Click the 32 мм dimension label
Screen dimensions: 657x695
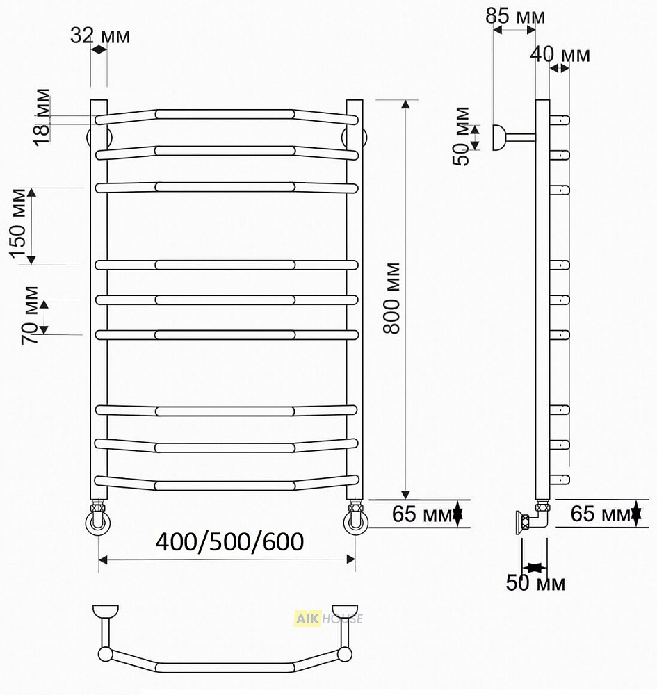100,35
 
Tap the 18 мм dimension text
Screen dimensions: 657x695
42,117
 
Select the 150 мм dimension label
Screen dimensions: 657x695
19,223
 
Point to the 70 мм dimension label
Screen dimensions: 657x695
30,316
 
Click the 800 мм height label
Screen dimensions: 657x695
392,298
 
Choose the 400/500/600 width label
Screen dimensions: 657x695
229,541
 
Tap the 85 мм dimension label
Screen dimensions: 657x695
515,17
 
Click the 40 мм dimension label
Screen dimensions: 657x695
560,54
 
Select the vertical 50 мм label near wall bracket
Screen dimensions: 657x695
461,136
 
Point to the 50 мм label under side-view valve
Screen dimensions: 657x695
535,583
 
